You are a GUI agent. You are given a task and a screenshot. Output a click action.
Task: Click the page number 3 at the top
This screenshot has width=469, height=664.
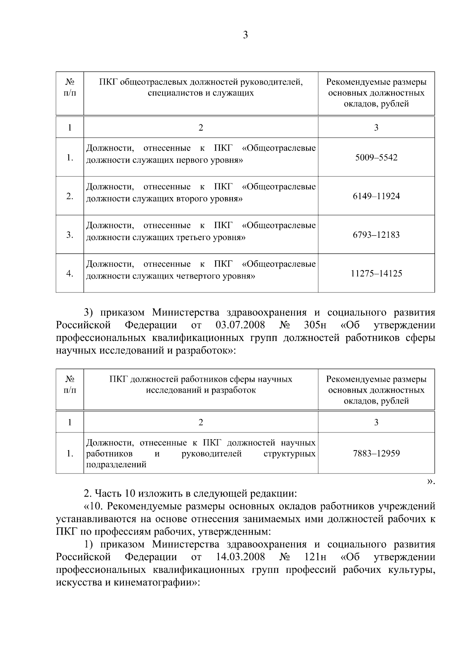click(x=245, y=35)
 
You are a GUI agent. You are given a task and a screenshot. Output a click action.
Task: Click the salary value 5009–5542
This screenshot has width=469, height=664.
click(x=376, y=158)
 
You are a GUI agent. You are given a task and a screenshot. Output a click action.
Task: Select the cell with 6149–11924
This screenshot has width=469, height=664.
click(x=376, y=196)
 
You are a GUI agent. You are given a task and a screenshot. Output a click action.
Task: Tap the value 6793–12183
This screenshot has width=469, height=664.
click(x=376, y=235)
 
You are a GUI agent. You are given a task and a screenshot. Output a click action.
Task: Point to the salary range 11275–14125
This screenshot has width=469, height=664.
click(x=376, y=274)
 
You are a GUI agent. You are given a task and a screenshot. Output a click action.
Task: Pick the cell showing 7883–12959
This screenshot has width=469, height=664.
click(x=376, y=454)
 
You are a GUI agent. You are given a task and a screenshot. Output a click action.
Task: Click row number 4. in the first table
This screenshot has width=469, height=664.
click(x=70, y=274)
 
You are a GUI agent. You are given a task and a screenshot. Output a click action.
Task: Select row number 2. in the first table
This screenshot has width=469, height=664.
click(x=70, y=196)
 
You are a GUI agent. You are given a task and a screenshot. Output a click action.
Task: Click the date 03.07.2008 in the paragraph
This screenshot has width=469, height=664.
click(x=240, y=325)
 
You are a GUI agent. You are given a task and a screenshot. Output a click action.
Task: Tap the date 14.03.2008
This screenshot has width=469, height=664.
click(x=240, y=557)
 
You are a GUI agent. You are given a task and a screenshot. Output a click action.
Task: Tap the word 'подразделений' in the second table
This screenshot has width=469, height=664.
click(x=116, y=465)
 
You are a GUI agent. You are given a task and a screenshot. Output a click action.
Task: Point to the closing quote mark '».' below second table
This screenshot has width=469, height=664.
click(x=431, y=482)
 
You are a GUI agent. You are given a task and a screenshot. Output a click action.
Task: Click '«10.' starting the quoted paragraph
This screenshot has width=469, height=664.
click(x=94, y=506)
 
